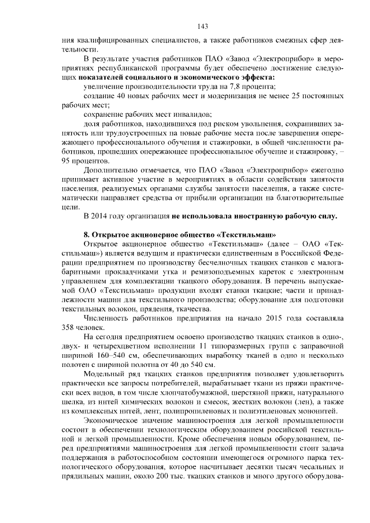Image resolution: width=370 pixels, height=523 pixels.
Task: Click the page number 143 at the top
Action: (x=202, y=26)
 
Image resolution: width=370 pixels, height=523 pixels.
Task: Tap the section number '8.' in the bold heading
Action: (x=87, y=235)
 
